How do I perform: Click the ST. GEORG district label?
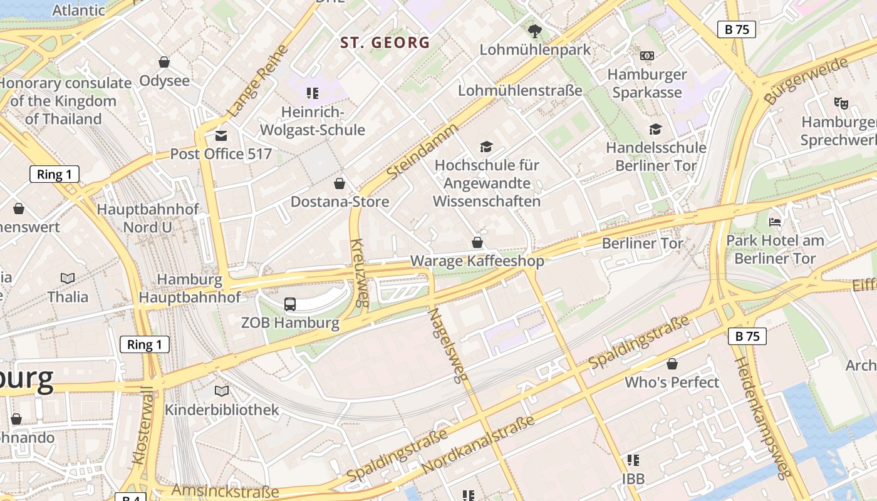point(385,43)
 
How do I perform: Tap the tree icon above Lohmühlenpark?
point(535,31)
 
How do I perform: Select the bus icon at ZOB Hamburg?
point(290,304)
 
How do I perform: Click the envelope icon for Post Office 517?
point(221,135)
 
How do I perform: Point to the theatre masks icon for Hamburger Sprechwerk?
point(841,103)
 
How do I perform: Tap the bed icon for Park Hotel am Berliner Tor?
point(775,222)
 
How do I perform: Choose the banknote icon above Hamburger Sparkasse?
point(647,56)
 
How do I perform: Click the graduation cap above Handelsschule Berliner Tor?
point(655,129)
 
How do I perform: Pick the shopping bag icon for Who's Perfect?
point(672,364)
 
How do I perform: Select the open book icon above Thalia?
point(68,278)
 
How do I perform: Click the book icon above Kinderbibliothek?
point(222,391)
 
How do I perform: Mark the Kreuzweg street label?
point(358,272)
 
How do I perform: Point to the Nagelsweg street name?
point(449,345)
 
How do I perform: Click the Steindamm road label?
point(423,150)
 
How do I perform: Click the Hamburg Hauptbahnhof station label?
point(190,289)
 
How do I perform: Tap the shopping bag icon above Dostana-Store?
point(340,183)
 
